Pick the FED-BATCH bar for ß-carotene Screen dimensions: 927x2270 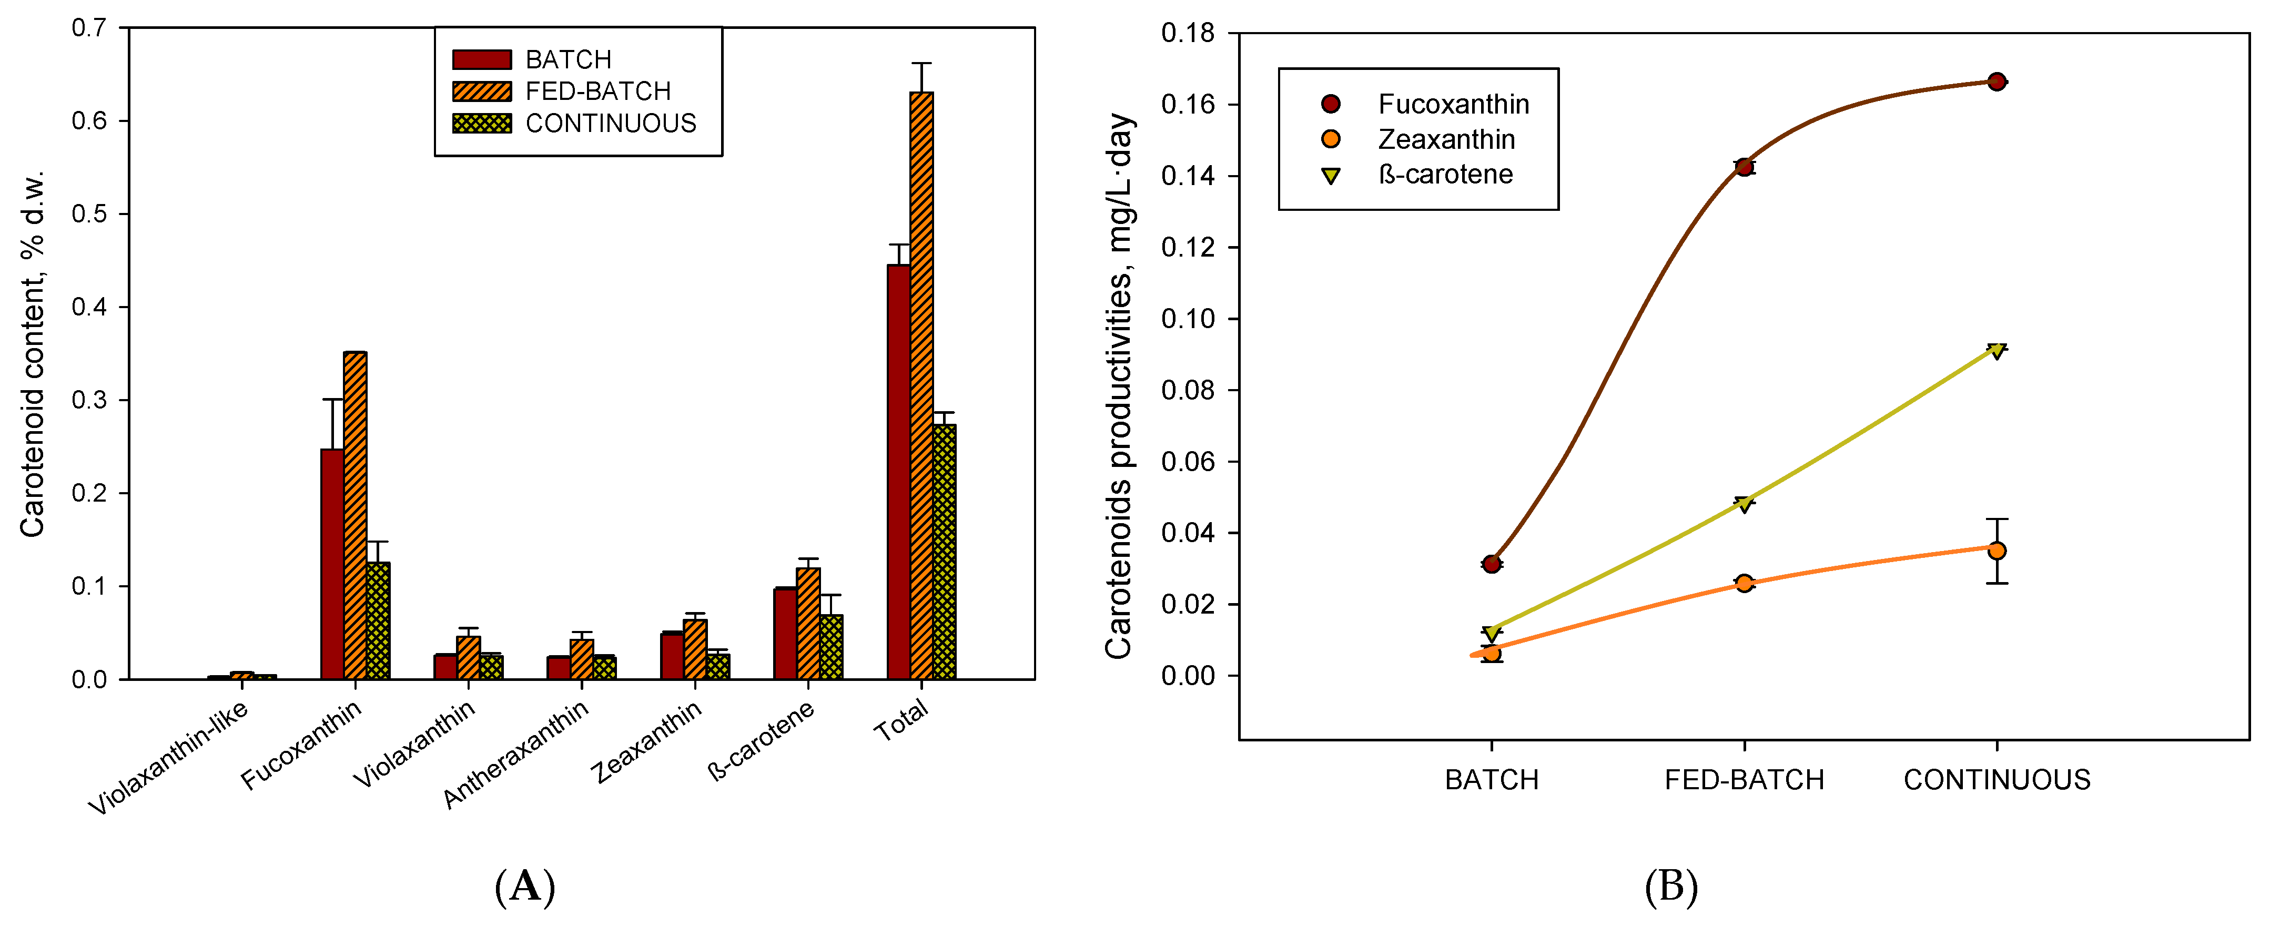click(x=808, y=623)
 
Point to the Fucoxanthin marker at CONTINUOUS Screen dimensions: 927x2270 click(x=1997, y=82)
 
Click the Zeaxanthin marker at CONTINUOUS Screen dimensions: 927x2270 click(x=1997, y=551)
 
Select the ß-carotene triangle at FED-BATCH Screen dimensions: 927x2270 click(x=1744, y=503)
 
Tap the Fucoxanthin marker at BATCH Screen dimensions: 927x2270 click(x=1491, y=564)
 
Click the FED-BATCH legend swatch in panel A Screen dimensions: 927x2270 click(x=481, y=91)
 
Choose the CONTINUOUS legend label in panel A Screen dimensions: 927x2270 click(x=611, y=124)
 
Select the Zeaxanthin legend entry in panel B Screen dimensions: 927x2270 click(x=1446, y=139)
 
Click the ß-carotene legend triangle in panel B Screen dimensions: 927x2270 click(x=1331, y=175)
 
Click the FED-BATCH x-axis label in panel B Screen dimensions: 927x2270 click(x=1744, y=780)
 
